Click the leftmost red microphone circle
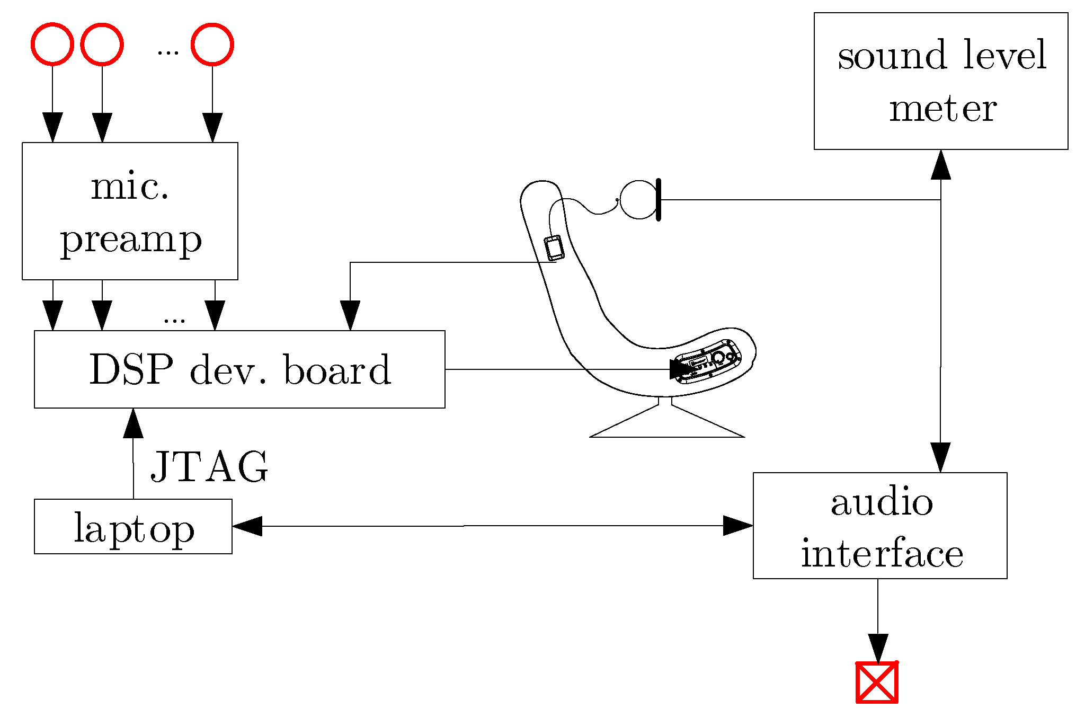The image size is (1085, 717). coord(52,44)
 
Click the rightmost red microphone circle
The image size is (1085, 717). coord(212,44)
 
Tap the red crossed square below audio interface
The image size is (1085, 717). coord(877,683)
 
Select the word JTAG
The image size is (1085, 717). coord(210,467)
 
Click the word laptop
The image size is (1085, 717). coord(134,528)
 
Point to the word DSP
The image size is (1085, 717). coord(131,369)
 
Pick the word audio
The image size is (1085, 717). coord(882,502)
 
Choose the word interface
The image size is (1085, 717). coord(882,554)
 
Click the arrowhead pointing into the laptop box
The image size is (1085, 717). coord(247,526)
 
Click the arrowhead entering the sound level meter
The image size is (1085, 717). coord(940,165)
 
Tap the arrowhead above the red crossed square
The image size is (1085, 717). coord(878,648)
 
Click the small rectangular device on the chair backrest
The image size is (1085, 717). coord(554,248)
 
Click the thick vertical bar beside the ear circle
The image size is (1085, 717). coord(659,200)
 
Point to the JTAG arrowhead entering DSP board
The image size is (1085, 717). coord(133,423)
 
